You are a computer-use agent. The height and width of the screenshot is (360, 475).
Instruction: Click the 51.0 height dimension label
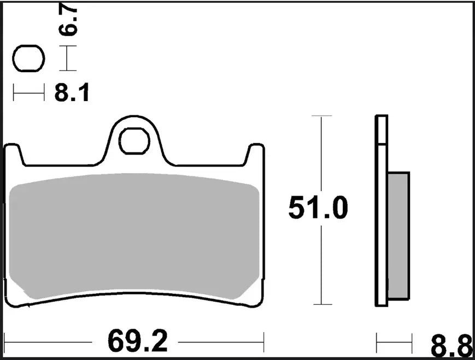318,209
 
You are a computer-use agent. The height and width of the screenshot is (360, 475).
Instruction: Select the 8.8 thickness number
450,346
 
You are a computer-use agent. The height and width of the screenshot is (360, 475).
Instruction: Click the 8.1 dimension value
72,94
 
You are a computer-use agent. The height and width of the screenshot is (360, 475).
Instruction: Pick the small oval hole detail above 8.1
28,59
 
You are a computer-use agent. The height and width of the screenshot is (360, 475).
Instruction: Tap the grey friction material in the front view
134,238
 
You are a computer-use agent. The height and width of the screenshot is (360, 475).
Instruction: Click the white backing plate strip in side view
382,210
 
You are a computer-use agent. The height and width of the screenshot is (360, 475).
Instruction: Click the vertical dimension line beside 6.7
67,59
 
